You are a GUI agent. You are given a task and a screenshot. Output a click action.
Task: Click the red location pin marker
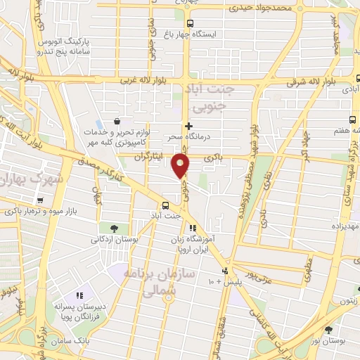pos(181,165)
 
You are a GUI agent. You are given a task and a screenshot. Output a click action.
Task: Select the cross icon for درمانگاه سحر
pos(188,126)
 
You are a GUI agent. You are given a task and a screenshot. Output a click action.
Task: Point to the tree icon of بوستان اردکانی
pos(113,228)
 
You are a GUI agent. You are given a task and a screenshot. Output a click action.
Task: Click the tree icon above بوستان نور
pos(329,329)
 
